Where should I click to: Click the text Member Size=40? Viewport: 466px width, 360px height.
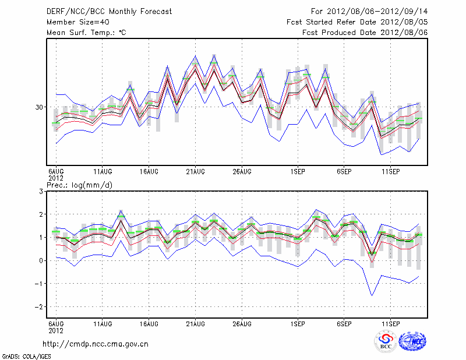click(x=76, y=22)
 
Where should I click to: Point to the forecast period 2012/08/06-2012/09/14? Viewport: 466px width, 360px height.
click(x=369, y=12)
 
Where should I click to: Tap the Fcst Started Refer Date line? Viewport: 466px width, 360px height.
click(x=357, y=22)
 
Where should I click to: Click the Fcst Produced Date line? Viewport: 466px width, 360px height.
click(x=365, y=33)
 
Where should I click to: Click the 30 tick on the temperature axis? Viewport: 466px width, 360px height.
click(x=39, y=107)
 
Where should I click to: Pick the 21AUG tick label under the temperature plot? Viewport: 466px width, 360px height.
click(x=195, y=171)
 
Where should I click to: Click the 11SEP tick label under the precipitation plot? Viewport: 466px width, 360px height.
click(x=390, y=323)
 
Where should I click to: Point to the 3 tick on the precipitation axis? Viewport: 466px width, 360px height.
click(x=41, y=191)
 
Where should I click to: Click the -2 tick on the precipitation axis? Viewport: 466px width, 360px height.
click(x=40, y=306)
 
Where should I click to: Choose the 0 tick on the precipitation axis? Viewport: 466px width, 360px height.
click(x=41, y=260)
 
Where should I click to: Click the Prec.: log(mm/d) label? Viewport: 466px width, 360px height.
click(x=79, y=185)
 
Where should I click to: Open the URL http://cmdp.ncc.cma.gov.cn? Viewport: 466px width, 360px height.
click(x=96, y=344)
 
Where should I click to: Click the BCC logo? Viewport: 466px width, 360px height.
click(x=386, y=341)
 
